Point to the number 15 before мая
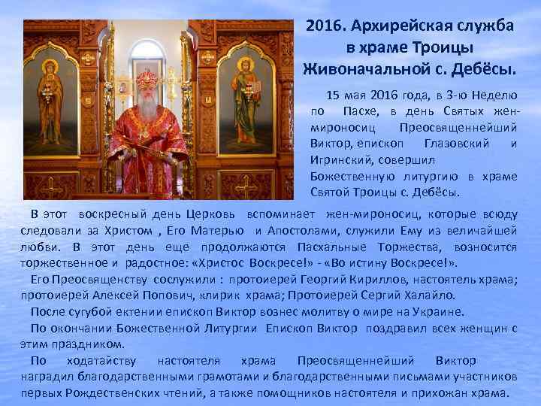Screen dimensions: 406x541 click(x=332, y=95)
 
